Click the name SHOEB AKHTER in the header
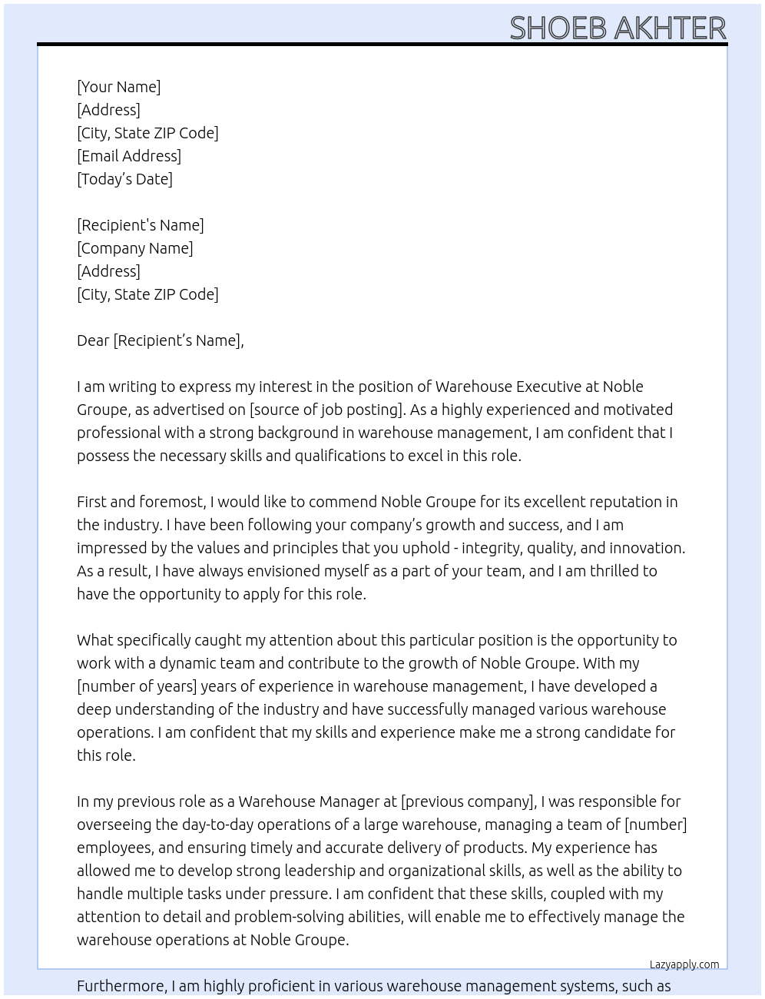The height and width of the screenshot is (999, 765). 618,28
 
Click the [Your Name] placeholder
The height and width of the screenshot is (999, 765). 118,87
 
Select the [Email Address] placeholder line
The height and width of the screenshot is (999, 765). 128,156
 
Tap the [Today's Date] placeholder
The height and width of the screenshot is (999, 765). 124,179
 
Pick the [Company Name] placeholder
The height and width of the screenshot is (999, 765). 134,248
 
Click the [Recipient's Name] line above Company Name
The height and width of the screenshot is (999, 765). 140,225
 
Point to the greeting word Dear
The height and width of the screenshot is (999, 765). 93,340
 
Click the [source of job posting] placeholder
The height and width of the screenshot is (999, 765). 326,410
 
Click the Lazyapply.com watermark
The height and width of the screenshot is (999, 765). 684,964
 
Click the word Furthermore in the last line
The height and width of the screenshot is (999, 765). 121,986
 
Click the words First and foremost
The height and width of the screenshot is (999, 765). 141,502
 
